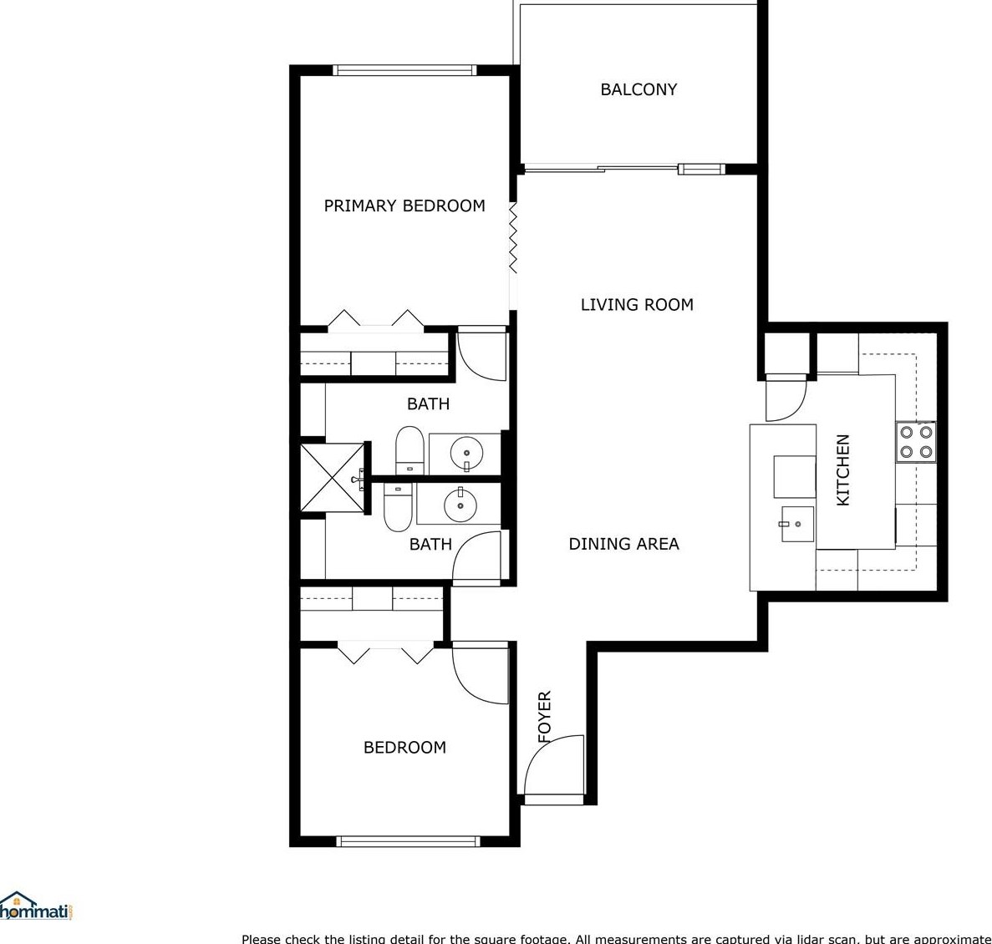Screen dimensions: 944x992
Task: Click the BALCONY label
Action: coord(638,89)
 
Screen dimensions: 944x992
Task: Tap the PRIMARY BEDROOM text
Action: coord(404,206)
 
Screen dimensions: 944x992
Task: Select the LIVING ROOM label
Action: coord(637,305)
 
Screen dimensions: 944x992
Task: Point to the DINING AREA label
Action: coord(623,544)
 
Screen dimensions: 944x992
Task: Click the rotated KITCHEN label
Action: coord(843,469)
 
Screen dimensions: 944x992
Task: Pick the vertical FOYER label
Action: coord(545,716)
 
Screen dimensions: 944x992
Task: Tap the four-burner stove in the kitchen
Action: coord(916,442)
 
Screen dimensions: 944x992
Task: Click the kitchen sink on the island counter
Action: coord(796,525)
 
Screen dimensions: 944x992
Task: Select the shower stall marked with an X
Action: coord(333,477)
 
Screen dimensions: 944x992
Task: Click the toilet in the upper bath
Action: coord(410,450)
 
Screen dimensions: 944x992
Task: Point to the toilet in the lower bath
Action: coord(398,506)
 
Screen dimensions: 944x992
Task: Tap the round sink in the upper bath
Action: coord(466,454)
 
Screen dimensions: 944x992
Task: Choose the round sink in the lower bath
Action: coord(460,504)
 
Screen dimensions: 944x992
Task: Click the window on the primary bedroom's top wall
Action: coord(404,70)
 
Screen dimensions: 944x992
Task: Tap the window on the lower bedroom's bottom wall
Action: coord(408,841)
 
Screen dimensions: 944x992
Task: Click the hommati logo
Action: coord(38,906)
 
